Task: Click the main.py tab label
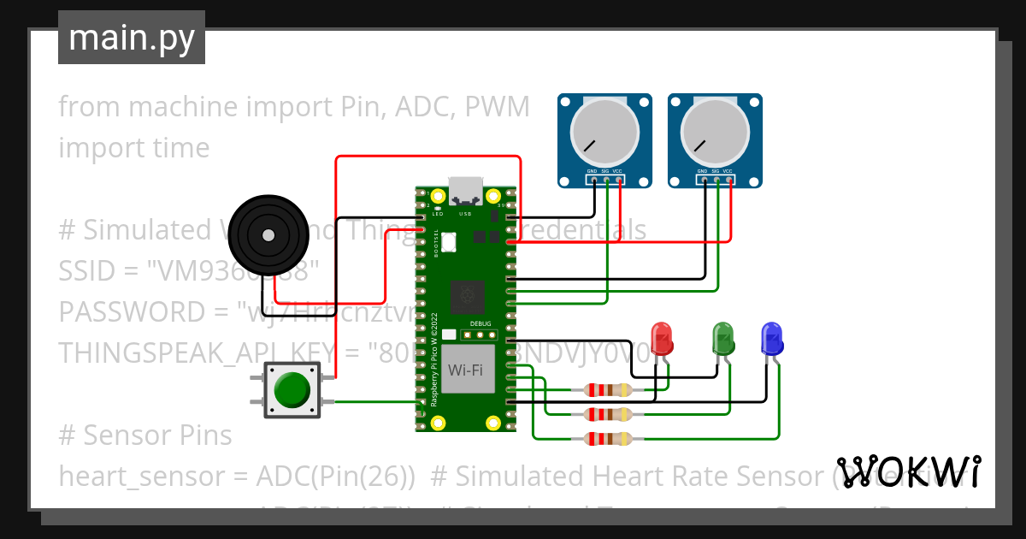coord(131,38)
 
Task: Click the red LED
coord(662,339)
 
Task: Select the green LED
coord(723,339)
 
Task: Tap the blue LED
coord(772,339)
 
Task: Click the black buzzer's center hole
coord(268,233)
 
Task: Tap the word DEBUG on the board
coord(480,324)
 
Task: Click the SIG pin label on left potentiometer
coord(605,172)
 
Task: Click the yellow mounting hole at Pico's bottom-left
coord(439,422)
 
